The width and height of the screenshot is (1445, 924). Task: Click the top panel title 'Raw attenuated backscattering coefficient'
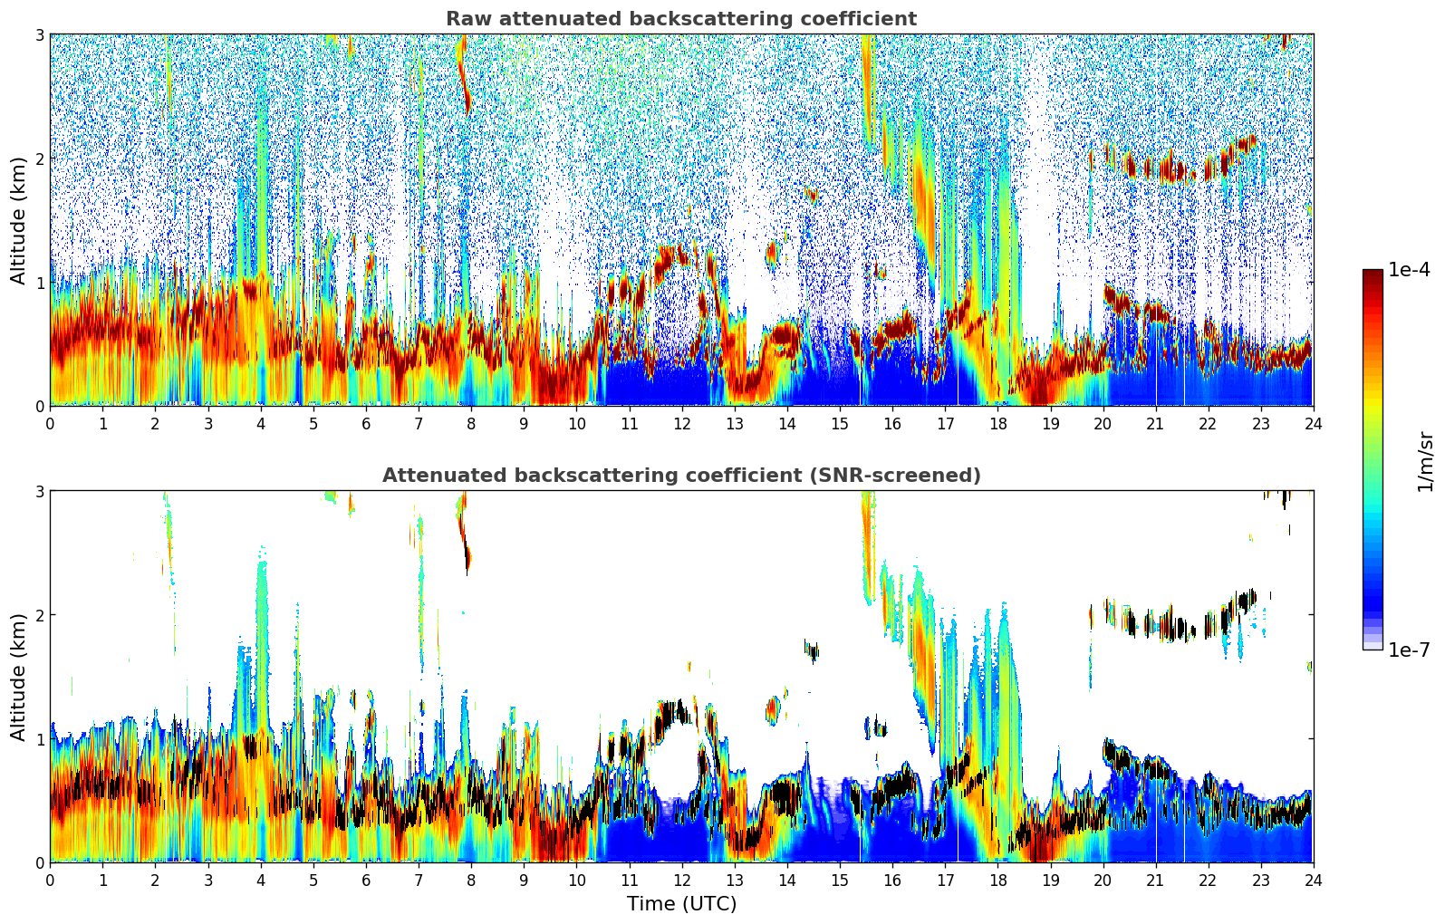681,19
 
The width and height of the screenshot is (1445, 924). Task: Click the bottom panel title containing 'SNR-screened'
681,476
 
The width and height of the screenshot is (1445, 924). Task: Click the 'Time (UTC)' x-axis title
681,904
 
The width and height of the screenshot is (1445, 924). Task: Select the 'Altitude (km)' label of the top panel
19,220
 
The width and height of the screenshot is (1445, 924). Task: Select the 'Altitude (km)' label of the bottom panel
19,677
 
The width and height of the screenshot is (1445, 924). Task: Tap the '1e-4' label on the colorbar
1409,270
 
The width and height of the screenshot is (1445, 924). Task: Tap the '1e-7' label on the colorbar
1409,650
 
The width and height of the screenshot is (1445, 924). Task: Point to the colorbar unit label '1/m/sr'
1425,461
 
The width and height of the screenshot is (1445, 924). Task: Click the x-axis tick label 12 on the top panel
681,423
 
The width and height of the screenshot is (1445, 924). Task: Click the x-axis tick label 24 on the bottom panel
1313,880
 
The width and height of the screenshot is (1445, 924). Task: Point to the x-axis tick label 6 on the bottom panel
366,880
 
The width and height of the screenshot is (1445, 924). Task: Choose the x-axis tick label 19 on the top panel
1050,423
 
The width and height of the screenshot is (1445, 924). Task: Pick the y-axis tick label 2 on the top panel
39,159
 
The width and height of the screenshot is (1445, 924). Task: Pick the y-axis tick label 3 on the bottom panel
39,491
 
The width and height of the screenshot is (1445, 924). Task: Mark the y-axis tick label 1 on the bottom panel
39,739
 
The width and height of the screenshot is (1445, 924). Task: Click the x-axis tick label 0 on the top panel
50,423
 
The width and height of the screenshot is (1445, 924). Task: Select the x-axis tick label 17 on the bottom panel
945,880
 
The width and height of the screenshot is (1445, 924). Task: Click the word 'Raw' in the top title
467,19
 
